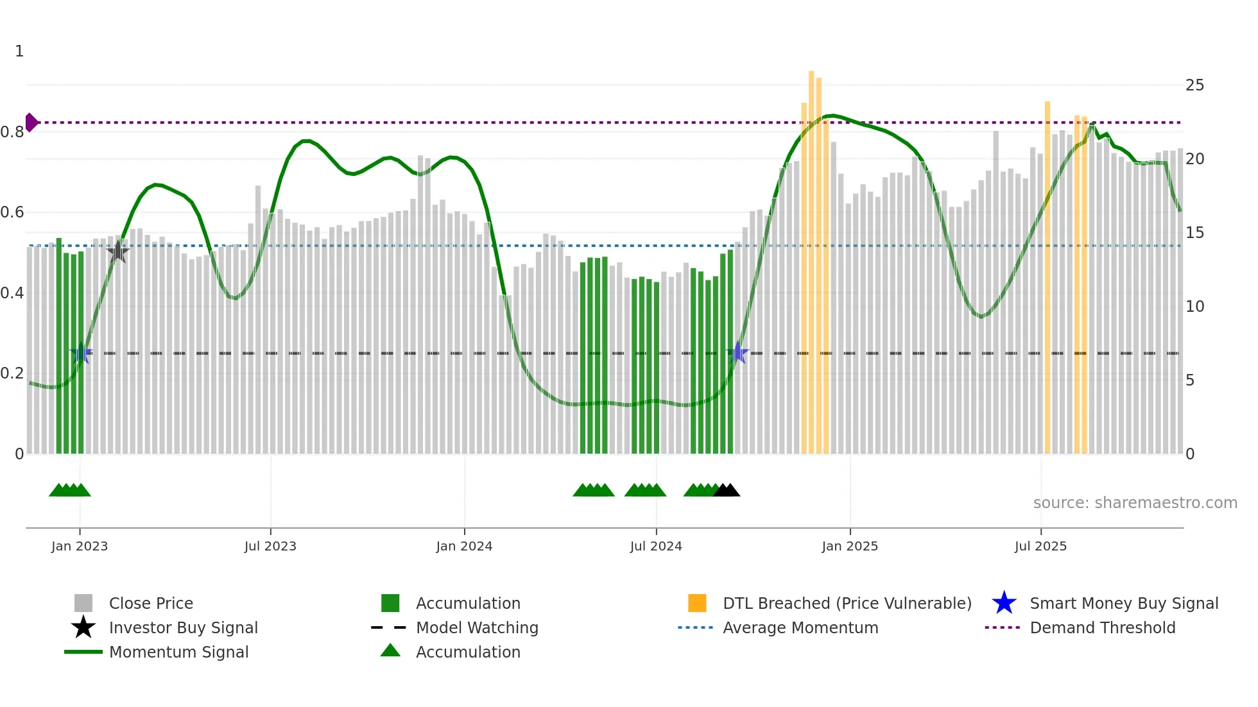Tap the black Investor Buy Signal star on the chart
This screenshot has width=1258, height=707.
tap(117, 251)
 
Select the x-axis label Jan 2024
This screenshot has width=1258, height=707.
tap(464, 546)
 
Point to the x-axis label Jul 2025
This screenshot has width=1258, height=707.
tap(1040, 546)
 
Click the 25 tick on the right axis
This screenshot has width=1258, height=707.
tap(1194, 85)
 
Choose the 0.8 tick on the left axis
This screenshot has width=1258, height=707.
tap(13, 132)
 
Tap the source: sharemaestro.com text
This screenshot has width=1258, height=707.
tap(1135, 503)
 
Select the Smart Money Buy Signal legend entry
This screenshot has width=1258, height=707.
tap(1104, 603)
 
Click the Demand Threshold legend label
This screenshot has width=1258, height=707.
tap(1102, 627)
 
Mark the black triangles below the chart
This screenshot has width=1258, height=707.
tap(727, 490)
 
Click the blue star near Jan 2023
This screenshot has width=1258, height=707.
tap(81, 353)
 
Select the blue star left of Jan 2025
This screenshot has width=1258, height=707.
tap(738, 353)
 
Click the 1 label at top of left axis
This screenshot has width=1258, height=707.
tap(19, 51)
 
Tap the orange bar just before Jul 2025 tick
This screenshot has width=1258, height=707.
tap(1047, 276)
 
